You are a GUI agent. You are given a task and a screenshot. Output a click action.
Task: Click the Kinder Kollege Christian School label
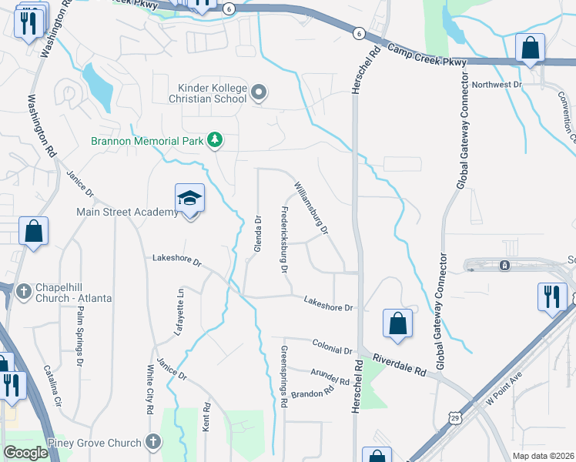(x=212, y=94)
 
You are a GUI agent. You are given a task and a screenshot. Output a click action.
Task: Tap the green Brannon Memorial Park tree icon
(x=216, y=140)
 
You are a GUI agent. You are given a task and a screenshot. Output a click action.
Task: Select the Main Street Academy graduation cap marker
(x=189, y=199)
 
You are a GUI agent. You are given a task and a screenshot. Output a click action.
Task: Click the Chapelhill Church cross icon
(x=24, y=291)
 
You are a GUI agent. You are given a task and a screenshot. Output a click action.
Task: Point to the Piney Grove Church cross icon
(x=153, y=442)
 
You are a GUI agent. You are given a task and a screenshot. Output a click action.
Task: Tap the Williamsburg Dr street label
(x=312, y=208)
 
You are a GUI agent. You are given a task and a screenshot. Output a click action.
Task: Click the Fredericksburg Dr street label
(x=283, y=240)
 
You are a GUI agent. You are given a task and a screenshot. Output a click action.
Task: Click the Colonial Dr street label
(x=332, y=345)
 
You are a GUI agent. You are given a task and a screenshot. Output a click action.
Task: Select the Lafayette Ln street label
(x=181, y=310)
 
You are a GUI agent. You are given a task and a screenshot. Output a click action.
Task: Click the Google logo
(x=25, y=453)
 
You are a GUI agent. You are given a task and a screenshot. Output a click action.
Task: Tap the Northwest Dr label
(x=497, y=85)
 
